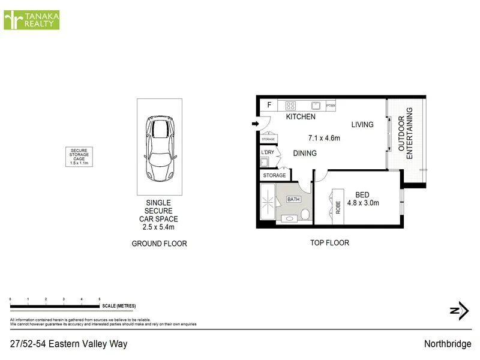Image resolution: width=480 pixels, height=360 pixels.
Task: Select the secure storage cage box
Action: tap(79, 157)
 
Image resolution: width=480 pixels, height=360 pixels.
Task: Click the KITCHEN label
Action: tap(301, 117)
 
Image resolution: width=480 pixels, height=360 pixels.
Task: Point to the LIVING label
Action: tap(362, 125)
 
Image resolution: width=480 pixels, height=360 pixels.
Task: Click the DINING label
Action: tap(305, 154)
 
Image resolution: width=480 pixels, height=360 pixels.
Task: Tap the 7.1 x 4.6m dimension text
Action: tap(324, 137)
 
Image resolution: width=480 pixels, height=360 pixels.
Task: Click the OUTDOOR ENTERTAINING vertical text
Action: tap(406, 133)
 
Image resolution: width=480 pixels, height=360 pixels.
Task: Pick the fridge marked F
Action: tap(269, 105)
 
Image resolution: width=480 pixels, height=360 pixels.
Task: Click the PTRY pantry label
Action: tap(331, 106)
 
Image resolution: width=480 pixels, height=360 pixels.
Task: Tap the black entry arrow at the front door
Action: tap(254, 124)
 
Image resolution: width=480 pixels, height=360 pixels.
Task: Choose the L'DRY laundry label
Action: tap(267, 152)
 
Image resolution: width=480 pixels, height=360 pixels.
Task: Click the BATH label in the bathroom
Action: tap(293, 199)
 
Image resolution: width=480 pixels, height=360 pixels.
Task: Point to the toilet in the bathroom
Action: tap(305, 215)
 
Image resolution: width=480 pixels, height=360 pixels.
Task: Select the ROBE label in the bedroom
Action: tap(338, 207)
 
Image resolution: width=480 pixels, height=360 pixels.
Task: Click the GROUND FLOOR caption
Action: tap(159, 244)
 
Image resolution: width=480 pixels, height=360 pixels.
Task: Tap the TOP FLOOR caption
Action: tap(329, 243)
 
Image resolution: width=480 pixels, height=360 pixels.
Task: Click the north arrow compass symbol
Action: tap(459, 310)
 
